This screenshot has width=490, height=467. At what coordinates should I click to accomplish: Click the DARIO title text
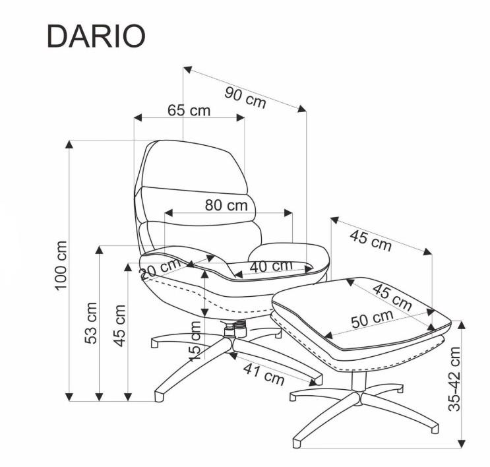[96, 36]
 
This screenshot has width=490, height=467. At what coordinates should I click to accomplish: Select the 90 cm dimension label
[245, 98]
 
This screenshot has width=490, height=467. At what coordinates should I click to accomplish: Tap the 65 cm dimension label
[189, 110]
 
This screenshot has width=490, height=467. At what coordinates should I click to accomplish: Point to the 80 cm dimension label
[226, 205]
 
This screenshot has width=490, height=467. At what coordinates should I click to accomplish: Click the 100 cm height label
[61, 266]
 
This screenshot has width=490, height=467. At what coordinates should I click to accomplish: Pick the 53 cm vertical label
[91, 323]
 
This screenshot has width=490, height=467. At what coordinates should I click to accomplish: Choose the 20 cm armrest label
[160, 268]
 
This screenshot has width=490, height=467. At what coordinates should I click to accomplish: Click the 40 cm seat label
[271, 266]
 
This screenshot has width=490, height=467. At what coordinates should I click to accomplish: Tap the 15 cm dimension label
[195, 341]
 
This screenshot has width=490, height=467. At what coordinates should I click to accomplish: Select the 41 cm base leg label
[264, 374]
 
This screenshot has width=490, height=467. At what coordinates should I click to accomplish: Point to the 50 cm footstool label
[372, 319]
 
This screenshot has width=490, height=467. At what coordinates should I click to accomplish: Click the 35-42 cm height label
[454, 379]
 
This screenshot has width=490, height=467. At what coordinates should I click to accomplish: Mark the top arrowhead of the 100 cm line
[69, 144]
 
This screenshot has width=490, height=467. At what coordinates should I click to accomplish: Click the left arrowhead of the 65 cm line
[138, 118]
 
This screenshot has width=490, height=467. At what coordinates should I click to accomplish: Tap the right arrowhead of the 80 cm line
[288, 213]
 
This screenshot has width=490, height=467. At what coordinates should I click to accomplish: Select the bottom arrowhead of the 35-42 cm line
[462, 443]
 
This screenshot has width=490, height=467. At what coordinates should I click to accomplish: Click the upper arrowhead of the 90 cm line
[187, 69]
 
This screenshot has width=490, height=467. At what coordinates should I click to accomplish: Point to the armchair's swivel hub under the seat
[235, 330]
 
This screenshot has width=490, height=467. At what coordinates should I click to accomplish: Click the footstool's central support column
[359, 381]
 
